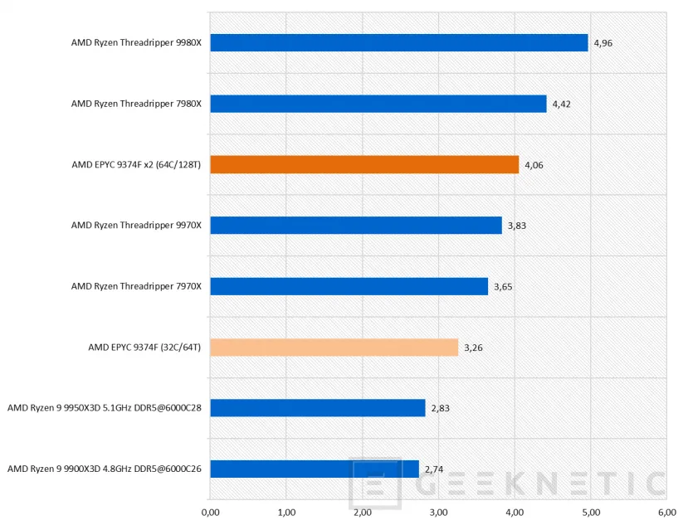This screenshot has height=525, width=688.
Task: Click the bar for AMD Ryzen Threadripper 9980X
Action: point(399,43)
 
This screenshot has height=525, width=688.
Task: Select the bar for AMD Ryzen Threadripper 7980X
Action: point(378,104)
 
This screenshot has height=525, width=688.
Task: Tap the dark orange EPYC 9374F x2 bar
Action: point(364,164)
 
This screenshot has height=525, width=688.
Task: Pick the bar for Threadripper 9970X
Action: point(356,226)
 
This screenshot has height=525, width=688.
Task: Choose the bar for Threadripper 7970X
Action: point(349,286)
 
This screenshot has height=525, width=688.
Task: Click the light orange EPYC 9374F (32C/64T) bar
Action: point(334,347)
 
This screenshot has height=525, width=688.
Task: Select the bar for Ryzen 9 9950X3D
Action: point(318,408)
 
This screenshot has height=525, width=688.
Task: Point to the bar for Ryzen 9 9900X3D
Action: point(315,469)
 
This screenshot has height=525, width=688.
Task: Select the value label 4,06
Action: point(534,165)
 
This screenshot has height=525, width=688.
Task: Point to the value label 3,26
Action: point(472,348)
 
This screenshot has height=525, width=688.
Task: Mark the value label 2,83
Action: point(440,408)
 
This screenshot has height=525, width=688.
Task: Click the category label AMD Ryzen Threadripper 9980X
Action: point(136,43)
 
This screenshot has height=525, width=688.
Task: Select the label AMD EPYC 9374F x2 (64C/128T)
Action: point(137,164)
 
